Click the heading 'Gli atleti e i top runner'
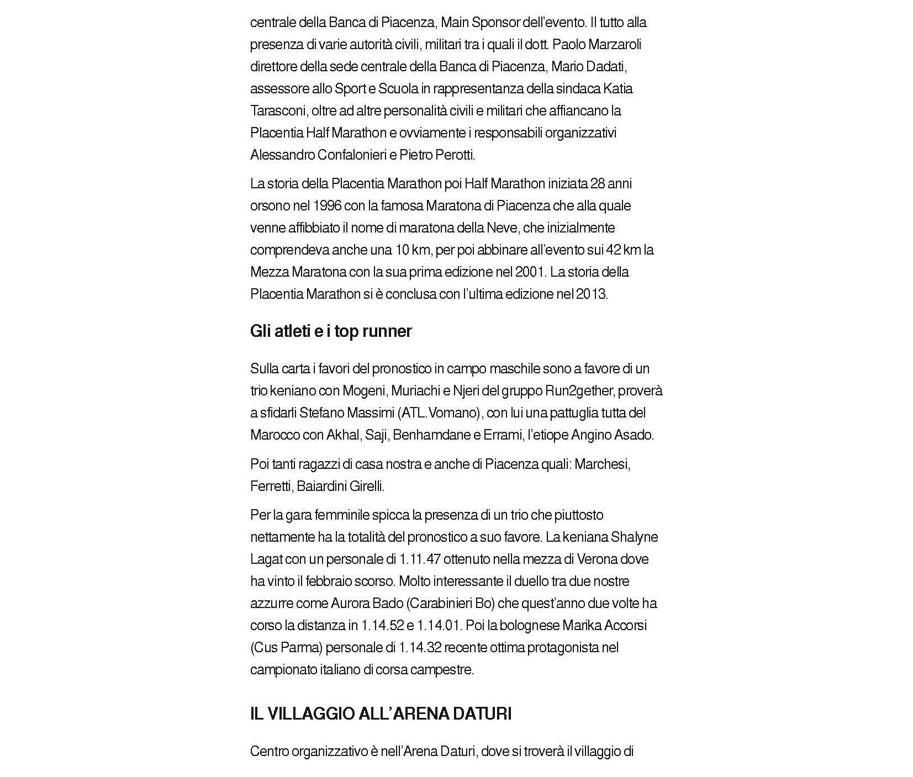coord(331,331)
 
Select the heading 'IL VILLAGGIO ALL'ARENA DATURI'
coord(381,714)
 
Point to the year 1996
coord(327,206)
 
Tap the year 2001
coord(529,272)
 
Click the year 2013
coord(592,294)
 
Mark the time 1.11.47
coord(420,559)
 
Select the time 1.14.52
coord(382,626)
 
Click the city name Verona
coord(597,559)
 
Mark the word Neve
coord(502,228)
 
